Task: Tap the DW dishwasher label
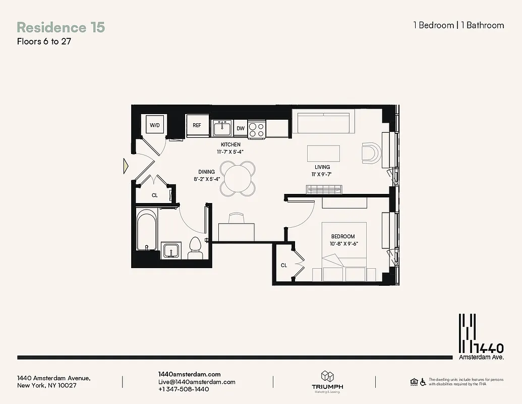pyautogui.click(x=241, y=128)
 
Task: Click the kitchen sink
pyautogui.click(x=221, y=129)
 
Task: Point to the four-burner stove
pyautogui.click(x=257, y=128)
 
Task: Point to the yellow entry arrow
pyautogui.click(x=126, y=166)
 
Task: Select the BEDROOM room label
pyautogui.click(x=342, y=236)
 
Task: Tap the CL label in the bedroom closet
pyautogui.click(x=284, y=265)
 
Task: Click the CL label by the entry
pyautogui.click(x=155, y=195)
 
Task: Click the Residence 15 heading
pyautogui.click(x=61, y=27)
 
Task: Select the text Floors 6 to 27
pyautogui.click(x=44, y=41)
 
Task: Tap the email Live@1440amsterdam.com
pyautogui.click(x=197, y=382)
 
